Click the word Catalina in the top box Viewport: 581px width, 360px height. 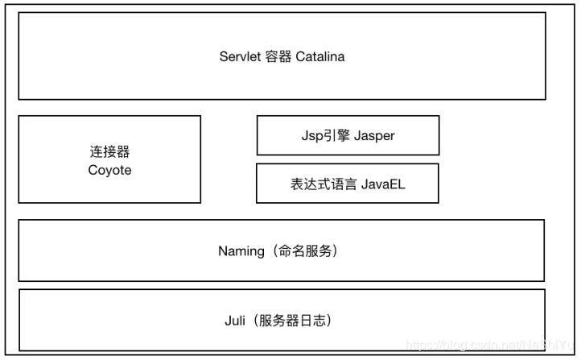click(x=320, y=56)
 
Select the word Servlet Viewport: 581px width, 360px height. click(x=240, y=56)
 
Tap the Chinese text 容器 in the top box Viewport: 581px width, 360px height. click(x=278, y=56)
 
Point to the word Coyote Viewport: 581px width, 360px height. click(x=109, y=170)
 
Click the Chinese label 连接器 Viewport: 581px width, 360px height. click(x=109, y=151)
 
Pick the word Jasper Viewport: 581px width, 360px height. click(x=374, y=135)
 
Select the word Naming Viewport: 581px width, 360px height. click(x=241, y=250)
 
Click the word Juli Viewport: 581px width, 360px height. click(x=235, y=320)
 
